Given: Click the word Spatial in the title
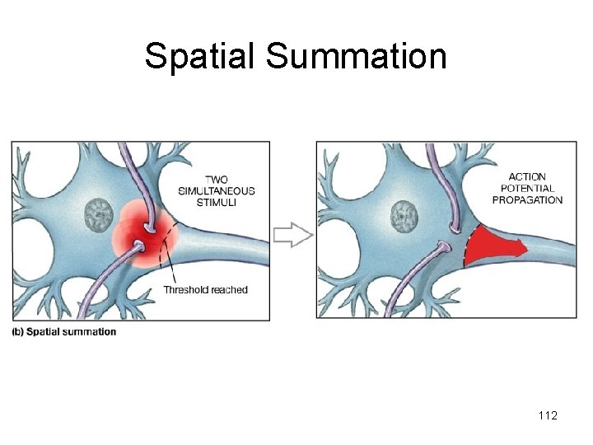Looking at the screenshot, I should click(200, 56).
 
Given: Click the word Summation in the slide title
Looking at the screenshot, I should click(357, 56).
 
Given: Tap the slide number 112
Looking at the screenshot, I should click(547, 415).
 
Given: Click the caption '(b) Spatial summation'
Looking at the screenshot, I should click(64, 332).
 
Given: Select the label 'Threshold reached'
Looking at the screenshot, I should click(205, 289).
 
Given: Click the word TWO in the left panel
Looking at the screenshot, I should click(217, 180).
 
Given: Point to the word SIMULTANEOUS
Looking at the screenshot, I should click(217, 191).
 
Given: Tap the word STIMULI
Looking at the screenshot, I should click(217, 203).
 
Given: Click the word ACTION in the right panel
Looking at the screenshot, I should click(527, 176).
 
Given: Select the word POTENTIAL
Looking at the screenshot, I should click(527, 188).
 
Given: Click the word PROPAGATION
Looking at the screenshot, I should click(527, 199).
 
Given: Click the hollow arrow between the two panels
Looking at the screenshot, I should click(292, 235).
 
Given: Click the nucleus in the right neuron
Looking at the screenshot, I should click(404, 217).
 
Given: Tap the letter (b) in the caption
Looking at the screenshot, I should click(18, 332).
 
